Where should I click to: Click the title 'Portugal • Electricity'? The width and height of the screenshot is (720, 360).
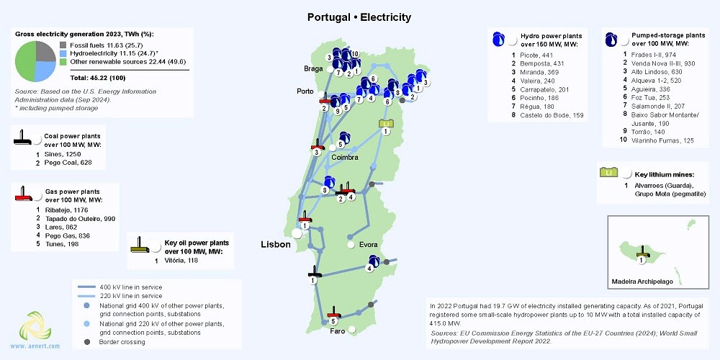click(x=359, y=16)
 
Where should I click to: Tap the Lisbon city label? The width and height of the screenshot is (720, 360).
click(x=276, y=244)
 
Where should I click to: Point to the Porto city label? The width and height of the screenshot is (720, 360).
click(x=305, y=91)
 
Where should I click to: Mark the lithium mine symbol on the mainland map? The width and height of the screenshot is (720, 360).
click(x=387, y=124)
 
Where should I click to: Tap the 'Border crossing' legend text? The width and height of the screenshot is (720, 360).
click(x=125, y=341)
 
